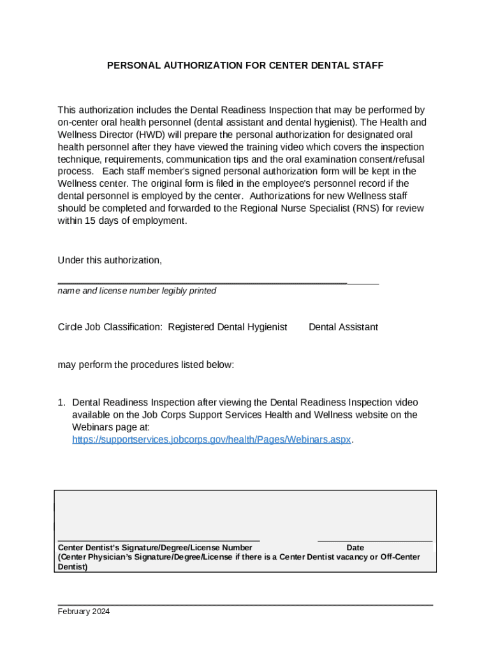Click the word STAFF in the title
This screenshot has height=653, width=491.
(369, 65)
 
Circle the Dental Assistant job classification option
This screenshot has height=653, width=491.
(343, 327)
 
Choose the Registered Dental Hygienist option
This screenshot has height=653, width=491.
(227, 327)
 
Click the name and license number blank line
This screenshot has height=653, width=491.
(217, 282)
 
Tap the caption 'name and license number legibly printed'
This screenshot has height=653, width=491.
(136, 291)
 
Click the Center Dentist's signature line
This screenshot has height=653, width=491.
(159, 540)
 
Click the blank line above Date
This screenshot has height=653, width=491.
(374, 541)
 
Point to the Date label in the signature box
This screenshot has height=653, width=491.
(355, 548)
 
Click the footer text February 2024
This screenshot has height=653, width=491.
(84, 612)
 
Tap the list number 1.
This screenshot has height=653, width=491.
(61, 403)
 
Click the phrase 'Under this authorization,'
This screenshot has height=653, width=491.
(110, 260)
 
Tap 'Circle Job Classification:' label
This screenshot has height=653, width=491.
(110, 327)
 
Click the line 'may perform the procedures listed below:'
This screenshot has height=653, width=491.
(146, 365)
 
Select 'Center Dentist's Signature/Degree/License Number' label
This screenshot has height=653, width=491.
(155, 548)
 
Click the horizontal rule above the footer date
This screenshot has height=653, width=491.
(245, 604)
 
